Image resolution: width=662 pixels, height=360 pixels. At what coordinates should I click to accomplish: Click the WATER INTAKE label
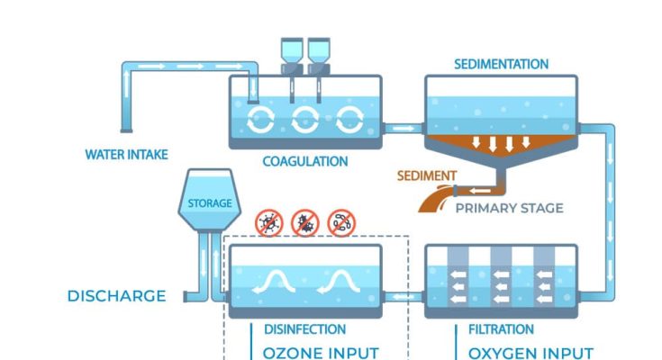[x=126, y=155]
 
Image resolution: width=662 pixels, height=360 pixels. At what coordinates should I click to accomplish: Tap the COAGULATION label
[x=304, y=162]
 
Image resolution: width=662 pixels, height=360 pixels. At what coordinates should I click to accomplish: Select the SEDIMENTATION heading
[x=500, y=65]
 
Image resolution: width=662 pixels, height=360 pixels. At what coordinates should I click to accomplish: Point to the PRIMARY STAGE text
[x=509, y=208]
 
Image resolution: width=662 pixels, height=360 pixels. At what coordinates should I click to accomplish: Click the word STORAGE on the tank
[x=209, y=203]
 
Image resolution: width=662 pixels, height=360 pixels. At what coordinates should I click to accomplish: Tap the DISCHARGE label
[x=117, y=295]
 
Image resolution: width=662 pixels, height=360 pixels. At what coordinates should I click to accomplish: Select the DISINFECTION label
[x=304, y=329]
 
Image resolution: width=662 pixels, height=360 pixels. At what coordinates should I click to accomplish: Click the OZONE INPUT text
[x=321, y=352]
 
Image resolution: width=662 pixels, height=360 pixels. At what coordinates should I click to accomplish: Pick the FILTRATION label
[x=501, y=329]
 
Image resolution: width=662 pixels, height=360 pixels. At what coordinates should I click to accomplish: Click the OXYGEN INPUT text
[x=531, y=352]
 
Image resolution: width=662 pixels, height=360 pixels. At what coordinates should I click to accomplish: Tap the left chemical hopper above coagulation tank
[x=291, y=54]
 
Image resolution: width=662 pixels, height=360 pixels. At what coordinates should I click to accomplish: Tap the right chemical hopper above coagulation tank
[x=319, y=54]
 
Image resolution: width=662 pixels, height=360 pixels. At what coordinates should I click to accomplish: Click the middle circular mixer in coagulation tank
[x=305, y=119]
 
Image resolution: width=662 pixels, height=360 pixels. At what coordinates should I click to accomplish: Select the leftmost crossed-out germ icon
[x=269, y=222]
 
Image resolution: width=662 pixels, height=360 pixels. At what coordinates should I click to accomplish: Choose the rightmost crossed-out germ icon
[x=341, y=222]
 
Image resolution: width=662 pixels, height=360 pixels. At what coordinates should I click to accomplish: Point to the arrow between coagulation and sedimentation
[x=404, y=128]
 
